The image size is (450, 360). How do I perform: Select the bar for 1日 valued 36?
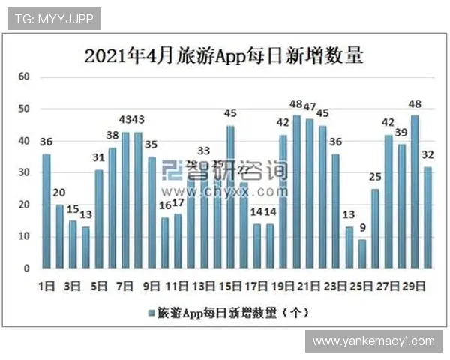click(x=46, y=211)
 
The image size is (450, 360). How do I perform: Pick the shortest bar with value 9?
click(x=362, y=253)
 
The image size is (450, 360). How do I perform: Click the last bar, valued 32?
click(x=427, y=217)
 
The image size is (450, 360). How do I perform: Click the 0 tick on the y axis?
click(x=27, y=268)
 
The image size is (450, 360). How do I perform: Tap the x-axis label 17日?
click(x=257, y=286)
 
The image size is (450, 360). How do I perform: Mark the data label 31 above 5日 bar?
click(x=99, y=157)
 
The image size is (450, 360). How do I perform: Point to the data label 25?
click(x=375, y=177)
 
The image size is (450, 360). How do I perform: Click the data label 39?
click(x=401, y=133)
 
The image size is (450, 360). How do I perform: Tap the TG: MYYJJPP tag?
click(x=53, y=19)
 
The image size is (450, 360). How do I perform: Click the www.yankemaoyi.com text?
click(x=373, y=341)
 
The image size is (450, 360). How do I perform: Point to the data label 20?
click(x=59, y=193)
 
